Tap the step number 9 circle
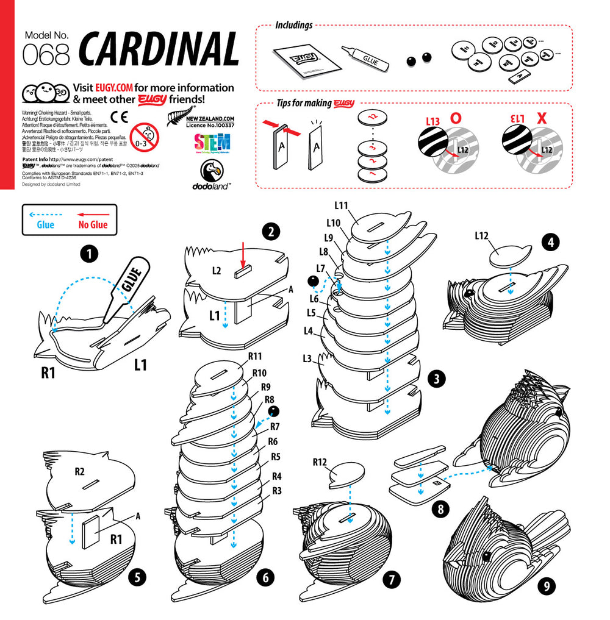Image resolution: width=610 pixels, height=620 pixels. pyautogui.click(x=546, y=586)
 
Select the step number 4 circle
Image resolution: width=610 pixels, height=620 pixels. pyautogui.click(x=551, y=242)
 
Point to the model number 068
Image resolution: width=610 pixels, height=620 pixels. pyautogui.click(x=46, y=55)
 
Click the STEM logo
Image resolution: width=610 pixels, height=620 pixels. pyautogui.click(x=212, y=144)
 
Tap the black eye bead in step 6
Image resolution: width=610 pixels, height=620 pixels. pyautogui.click(x=273, y=410)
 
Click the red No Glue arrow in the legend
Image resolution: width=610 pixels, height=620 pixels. pyautogui.click(x=93, y=215)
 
